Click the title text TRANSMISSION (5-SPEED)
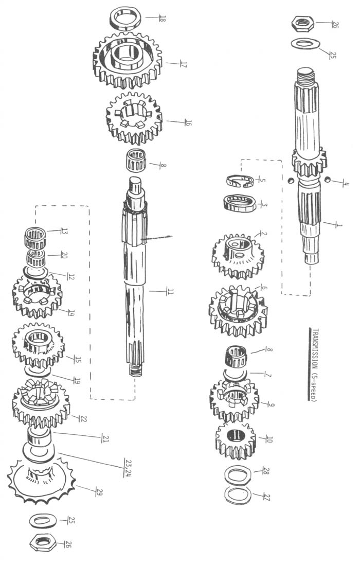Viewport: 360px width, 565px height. (313, 366)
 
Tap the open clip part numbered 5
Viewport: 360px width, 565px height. (239, 182)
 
